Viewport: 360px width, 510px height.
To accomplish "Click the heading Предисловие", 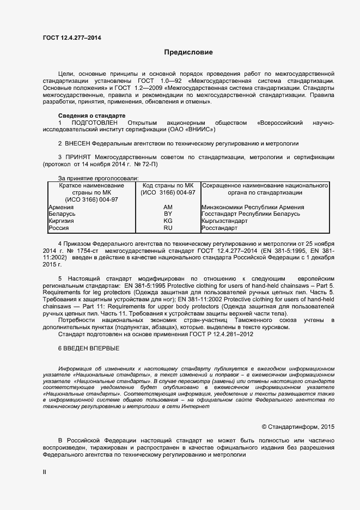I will click(188, 52).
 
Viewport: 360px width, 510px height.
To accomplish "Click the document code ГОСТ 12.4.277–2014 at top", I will click(71, 38).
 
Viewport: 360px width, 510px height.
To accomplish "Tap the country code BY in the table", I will click(168, 214).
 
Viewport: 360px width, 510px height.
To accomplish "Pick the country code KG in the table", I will click(168, 221).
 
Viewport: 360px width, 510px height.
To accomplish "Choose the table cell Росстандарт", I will click(219, 228).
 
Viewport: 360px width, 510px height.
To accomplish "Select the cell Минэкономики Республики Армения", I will click(252, 208).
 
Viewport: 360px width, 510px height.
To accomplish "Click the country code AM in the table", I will click(168, 208).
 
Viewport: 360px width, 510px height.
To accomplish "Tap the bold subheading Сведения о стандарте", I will click(91, 116).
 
